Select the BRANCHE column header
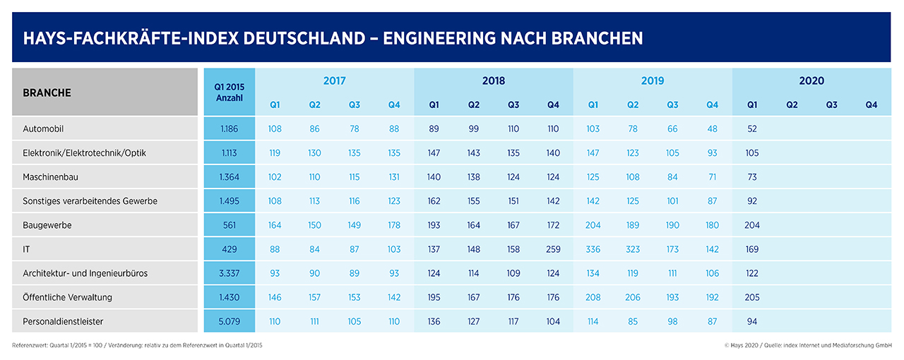pos(47,92)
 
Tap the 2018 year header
pos(494,81)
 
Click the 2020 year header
pos(811,81)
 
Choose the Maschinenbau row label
pos(53,177)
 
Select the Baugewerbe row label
pos(47,225)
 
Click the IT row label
pos(28,249)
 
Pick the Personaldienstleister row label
pos(63,321)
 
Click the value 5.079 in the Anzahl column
pos(229,321)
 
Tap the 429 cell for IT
pos(229,249)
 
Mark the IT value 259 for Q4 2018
pos(553,249)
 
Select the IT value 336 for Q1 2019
pos(593,249)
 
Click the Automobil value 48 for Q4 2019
pos(712,129)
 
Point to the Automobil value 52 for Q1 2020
pos(752,129)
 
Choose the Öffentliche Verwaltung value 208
pos(593,297)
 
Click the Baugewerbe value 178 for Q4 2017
pos(394,225)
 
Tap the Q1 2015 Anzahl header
pos(229,92)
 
